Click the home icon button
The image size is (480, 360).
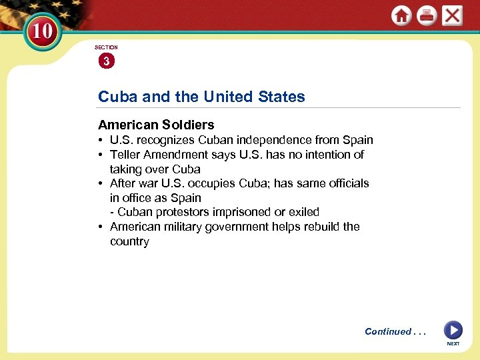pyautogui.click(x=401, y=16)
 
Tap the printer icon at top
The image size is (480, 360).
pyautogui.click(x=427, y=16)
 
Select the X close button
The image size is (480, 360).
pyautogui.click(x=452, y=15)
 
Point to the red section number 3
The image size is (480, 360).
pyautogui.click(x=106, y=61)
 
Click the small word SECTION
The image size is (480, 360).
pyautogui.click(x=106, y=47)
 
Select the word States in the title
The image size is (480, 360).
pyautogui.click(x=279, y=97)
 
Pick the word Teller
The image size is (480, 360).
pyautogui.click(x=125, y=155)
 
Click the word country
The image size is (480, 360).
pyautogui.click(x=129, y=241)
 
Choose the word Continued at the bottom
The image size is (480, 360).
pyautogui.click(x=388, y=331)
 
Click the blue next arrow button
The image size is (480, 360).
pyautogui.click(x=453, y=329)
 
